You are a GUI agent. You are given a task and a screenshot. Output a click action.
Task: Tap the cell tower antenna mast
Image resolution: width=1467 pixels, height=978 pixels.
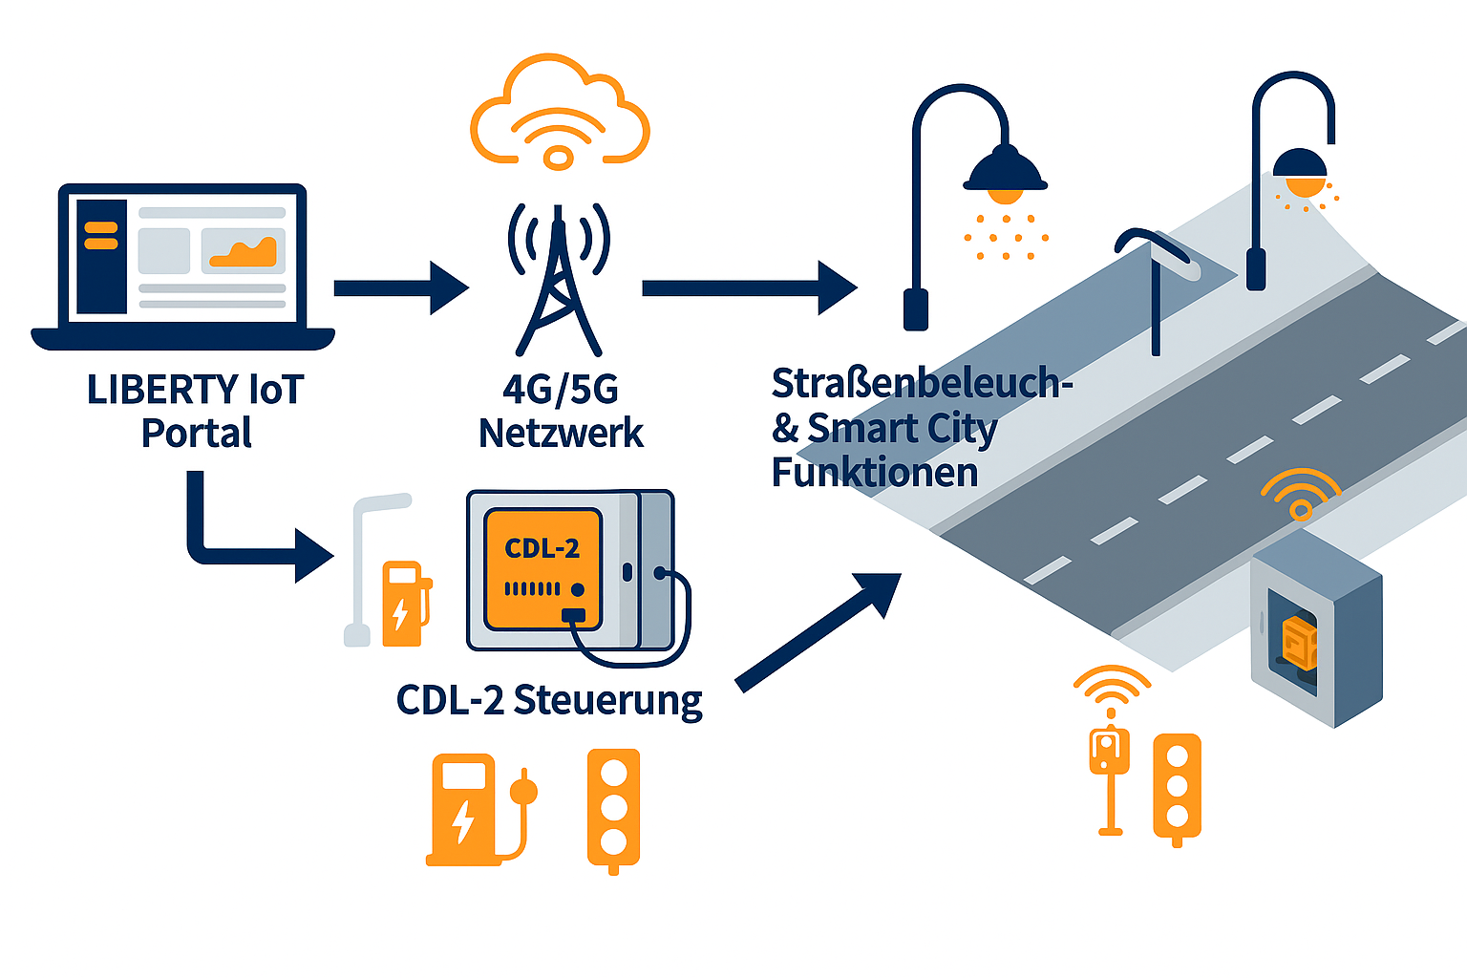(x=559, y=287)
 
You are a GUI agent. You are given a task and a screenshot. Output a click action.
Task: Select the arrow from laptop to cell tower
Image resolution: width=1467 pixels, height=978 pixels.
(x=401, y=287)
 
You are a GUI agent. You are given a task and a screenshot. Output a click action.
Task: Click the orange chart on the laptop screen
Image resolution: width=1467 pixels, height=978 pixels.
(x=244, y=252)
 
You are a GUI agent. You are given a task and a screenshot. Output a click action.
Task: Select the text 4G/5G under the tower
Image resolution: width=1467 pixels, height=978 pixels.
(x=561, y=390)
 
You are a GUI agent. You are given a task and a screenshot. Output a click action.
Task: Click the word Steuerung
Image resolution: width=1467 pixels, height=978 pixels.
(x=608, y=700)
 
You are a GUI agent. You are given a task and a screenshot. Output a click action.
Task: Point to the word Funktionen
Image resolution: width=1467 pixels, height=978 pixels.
(x=875, y=473)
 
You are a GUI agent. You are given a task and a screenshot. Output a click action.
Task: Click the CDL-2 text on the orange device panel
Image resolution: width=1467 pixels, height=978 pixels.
(x=542, y=548)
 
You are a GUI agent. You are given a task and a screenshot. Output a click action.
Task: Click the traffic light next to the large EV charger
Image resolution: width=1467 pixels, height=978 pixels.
(x=613, y=808)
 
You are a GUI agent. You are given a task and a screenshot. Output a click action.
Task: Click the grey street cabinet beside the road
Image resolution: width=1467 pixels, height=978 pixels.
(x=1316, y=630)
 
